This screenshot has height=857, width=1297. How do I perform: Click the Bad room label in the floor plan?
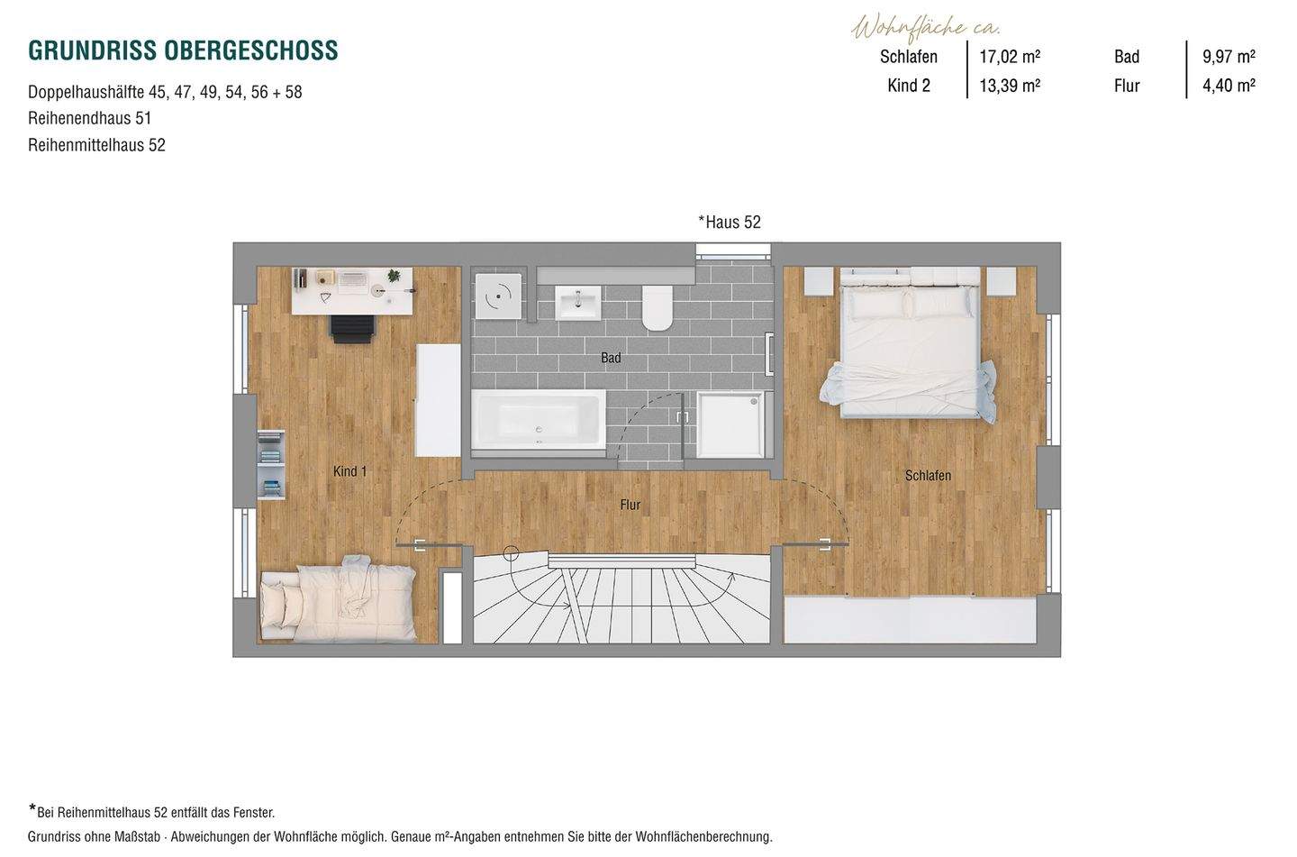click(611, 358)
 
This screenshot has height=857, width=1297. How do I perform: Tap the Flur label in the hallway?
click(630, 505)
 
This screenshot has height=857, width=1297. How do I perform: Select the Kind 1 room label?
click(349, 471)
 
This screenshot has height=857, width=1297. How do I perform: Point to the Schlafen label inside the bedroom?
click(928, 475)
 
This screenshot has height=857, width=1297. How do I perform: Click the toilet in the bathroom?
click(658, 306)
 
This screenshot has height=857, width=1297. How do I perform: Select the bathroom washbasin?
click(577, 302)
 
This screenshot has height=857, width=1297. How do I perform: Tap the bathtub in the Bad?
click(538, 421)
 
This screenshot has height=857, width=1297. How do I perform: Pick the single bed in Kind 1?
click(338, 599)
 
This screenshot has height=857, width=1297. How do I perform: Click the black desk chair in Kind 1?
click(352, 328)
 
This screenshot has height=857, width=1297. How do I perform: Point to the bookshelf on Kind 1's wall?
click(270, 464)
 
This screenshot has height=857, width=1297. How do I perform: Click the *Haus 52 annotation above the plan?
click(730, 222)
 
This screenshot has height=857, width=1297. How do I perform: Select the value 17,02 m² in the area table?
click(1010, 57)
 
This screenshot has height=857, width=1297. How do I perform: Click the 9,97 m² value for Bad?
click(1229, 57)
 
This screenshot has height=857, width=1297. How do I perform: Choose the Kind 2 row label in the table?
click(909, 86)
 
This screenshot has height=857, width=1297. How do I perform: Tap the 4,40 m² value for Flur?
click(1229, 86)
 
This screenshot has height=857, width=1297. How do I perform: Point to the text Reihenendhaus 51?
click(90, 118)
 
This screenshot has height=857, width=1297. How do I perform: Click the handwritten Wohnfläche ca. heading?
click(926, 27)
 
